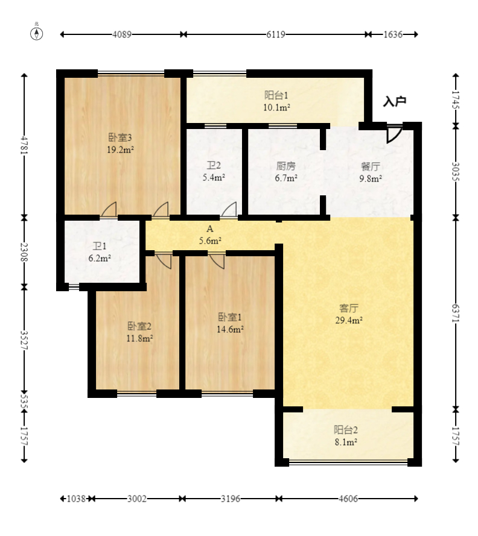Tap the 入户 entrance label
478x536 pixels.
(395, 101)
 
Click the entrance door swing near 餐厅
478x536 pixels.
(395, 134)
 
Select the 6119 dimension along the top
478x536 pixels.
(276, 34)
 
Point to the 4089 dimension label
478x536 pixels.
(122, 34)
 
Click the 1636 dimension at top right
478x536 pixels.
(393, 34)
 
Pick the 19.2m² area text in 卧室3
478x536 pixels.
(120, 150)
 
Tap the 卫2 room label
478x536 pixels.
(214, 166)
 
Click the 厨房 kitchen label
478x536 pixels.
(285, 166)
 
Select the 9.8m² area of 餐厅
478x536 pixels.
(371, 178)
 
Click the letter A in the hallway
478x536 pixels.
(210, 229)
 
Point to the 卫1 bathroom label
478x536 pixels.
(100, 246)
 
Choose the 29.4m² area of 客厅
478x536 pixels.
(349, 320)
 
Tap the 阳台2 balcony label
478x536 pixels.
(346, 430)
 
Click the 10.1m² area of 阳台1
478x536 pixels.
(277, 108)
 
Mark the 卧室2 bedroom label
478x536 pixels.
(139, 326)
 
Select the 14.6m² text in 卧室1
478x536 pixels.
(231, 330)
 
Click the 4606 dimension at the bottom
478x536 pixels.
(348, 499)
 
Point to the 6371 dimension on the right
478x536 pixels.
(456, 313)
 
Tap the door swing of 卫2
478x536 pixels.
(229, 210)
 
